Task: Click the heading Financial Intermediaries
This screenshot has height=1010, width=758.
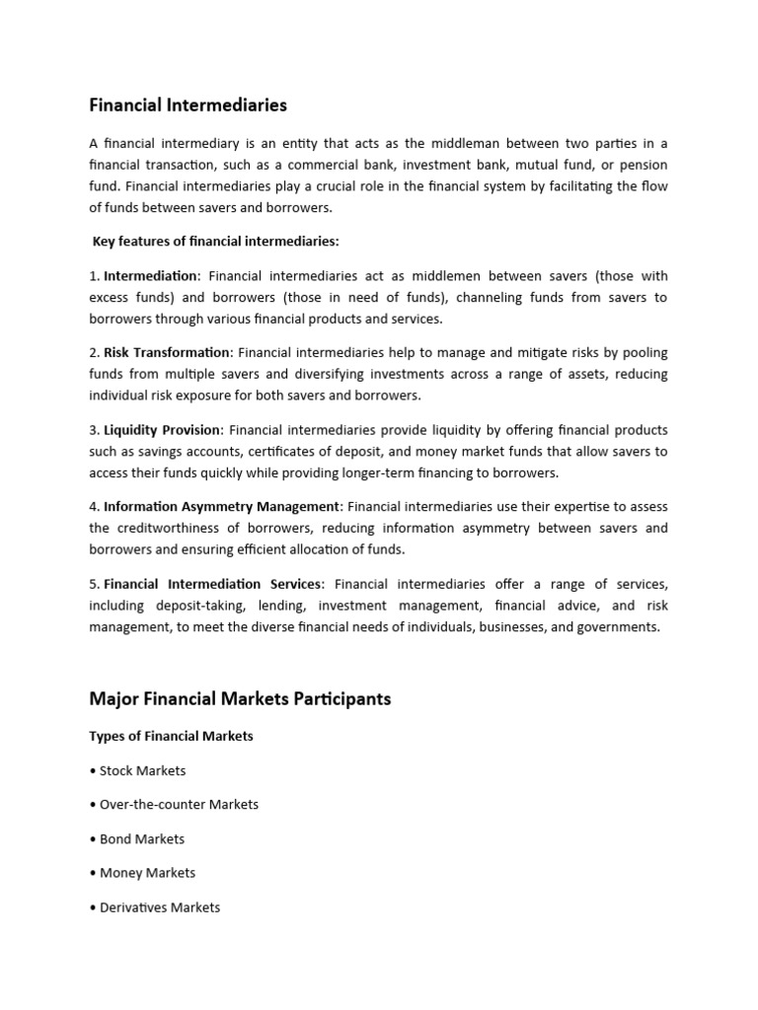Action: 188,104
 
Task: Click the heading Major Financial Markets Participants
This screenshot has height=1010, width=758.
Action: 240,698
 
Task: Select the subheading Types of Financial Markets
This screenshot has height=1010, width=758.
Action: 171,736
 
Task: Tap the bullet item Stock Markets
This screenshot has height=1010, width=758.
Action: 142,770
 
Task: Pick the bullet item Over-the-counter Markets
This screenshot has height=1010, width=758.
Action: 179,804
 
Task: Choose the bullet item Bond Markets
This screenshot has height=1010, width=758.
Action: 142,838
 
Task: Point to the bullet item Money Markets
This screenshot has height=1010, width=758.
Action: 147,872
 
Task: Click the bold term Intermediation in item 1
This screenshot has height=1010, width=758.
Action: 151,276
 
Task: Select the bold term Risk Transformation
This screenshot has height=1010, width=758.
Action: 167,352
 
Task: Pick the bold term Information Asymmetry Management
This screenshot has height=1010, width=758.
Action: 221,506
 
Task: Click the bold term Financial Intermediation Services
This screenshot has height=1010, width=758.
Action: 212,584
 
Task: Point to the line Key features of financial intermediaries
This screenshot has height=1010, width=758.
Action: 215,241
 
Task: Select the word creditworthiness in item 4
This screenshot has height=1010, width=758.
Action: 169,528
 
